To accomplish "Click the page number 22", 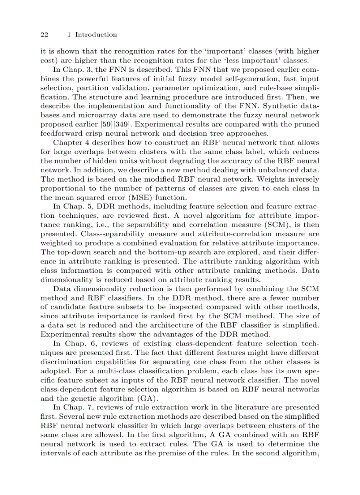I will [x=44, y=35].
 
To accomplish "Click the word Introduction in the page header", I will [x=96, y=35].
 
